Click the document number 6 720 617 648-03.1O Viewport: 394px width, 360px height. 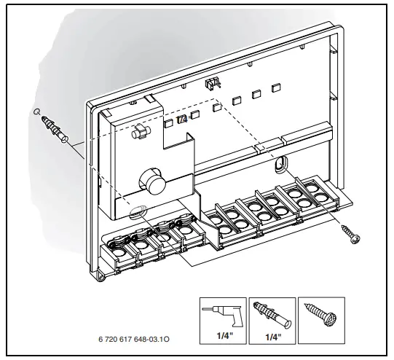[135, 340]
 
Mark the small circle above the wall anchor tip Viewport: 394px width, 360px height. [36, 111]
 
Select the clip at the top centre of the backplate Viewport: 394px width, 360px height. [213, 84]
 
